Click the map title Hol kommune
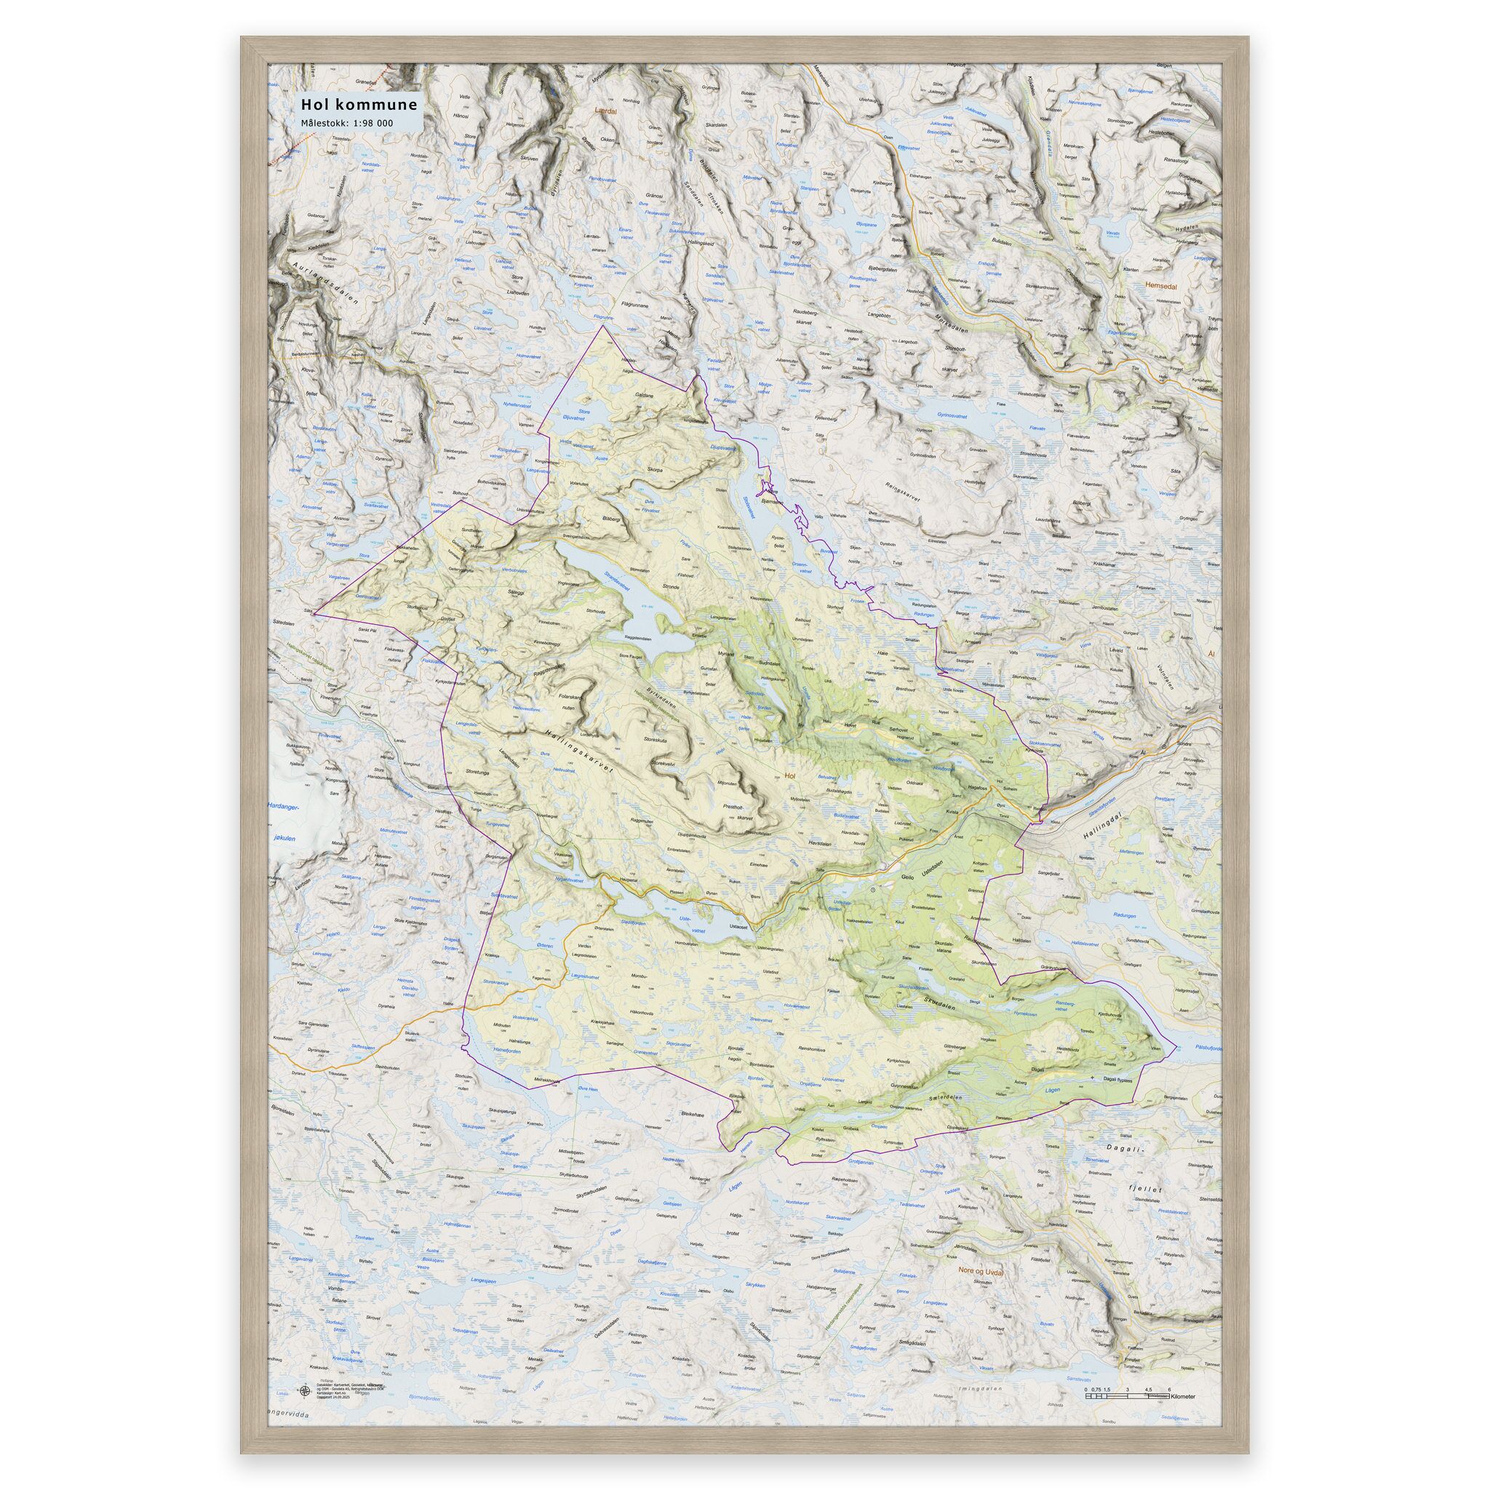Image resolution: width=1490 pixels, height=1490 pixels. (359, 103)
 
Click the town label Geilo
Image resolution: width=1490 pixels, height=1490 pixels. (910, 877)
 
